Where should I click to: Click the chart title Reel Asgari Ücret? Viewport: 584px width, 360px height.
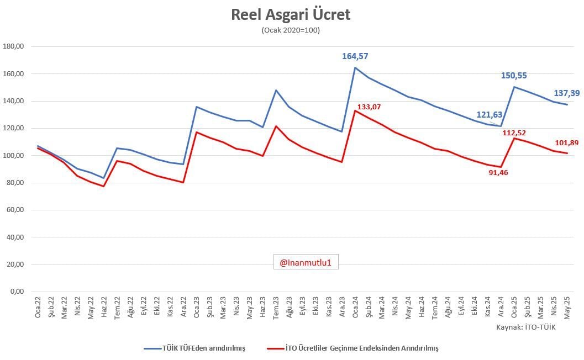tap(291, 15)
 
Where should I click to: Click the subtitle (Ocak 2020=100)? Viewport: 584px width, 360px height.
tap(291, 30)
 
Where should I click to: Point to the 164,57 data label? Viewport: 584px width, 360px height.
tap(355, 56)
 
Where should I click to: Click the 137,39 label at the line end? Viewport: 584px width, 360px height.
tap(567, 93)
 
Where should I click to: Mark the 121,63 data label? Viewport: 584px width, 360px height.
tap(490, 115)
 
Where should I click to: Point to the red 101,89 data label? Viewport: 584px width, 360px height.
tap(567, 143)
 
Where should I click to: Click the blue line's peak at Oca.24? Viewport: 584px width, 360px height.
tap(355, 68)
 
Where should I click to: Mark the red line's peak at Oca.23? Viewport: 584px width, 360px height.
tap(197, 132)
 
